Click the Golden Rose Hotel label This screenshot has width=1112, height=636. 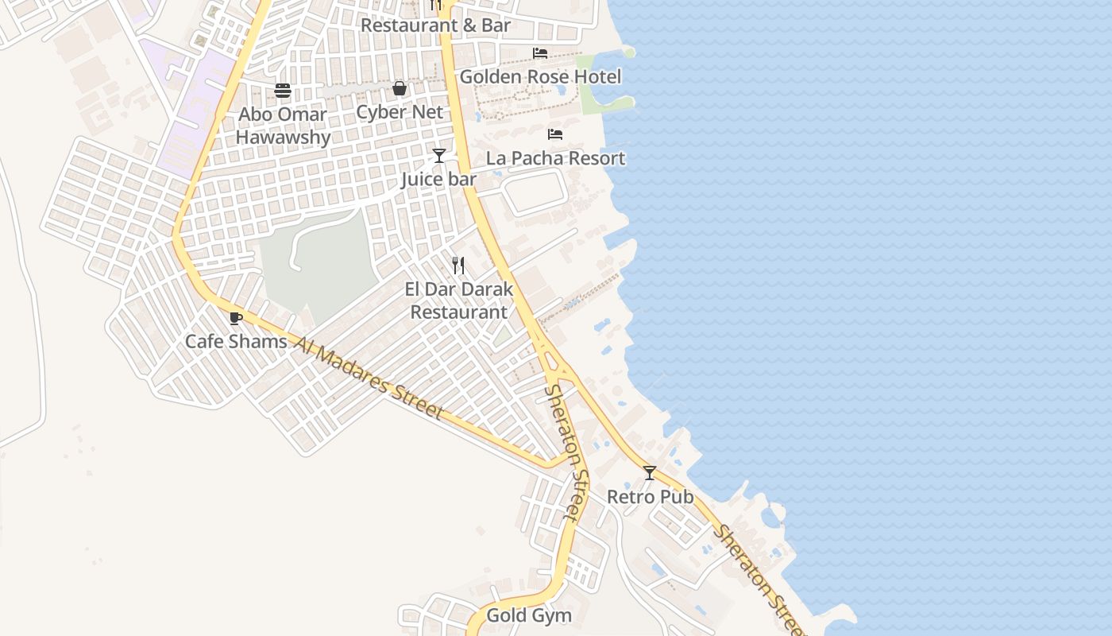540,77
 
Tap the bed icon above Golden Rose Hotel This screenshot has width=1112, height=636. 540,53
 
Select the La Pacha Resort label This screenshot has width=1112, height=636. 555,158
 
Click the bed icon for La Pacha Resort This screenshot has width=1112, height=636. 555,134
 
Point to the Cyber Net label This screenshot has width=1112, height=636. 399,112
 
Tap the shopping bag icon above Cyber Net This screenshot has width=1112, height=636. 400,88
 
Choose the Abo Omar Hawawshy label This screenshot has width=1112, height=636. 283,126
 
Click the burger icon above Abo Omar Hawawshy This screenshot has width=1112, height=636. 283,91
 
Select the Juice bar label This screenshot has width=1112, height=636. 438,180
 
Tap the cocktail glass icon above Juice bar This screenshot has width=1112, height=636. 438,156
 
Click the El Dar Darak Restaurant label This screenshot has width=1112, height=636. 459,301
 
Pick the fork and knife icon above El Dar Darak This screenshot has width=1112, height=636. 458,266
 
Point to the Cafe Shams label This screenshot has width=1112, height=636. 236,342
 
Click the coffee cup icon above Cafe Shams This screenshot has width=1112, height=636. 235,319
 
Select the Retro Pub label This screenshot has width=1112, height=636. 650,497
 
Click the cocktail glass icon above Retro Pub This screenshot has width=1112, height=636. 650,473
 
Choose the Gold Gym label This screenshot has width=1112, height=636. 528,615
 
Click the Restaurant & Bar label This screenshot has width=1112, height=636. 435,25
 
